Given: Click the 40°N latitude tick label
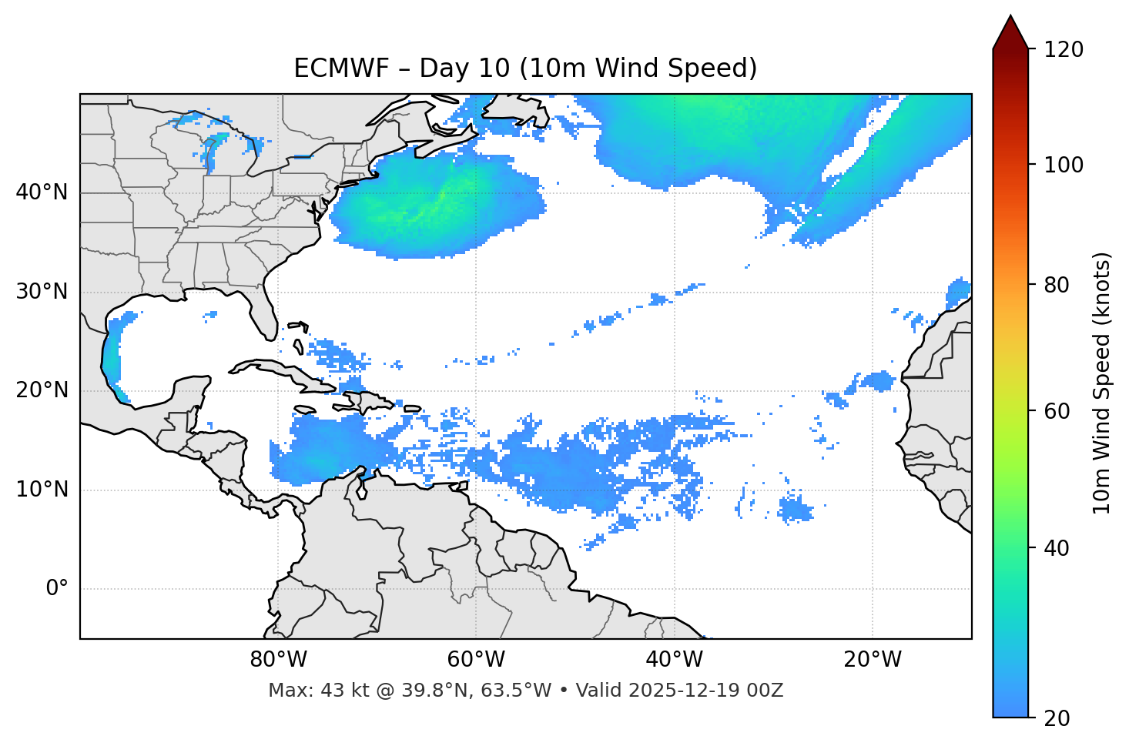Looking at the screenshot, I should point(42,192).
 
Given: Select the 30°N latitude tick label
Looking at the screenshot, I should point(42,292).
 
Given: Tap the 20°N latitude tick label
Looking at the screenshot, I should point(42,390).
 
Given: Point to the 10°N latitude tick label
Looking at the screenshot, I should point(42,490).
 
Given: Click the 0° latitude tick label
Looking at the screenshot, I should point(57,589).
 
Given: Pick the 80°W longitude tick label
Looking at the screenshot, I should point(278,660).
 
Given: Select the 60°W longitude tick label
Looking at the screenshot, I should point(476,660).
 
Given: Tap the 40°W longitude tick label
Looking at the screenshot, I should point(674,660).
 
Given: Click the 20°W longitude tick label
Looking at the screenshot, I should point(872,660).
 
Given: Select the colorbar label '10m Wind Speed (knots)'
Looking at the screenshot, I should point(1102,383).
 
